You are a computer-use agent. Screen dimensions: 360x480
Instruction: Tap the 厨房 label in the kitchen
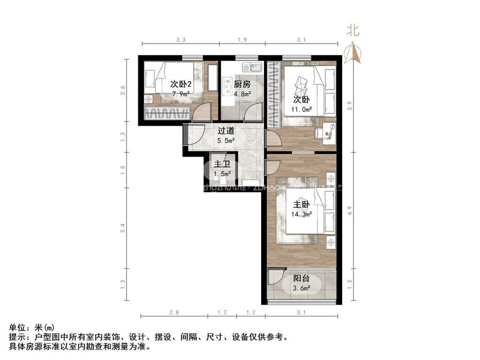242,84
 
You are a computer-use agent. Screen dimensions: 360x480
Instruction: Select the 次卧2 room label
180,84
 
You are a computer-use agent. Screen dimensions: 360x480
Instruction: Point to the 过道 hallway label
226,131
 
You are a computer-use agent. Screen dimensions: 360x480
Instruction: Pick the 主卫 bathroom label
221,165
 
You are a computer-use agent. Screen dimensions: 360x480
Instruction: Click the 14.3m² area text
302,214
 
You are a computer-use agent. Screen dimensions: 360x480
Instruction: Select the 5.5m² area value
226,140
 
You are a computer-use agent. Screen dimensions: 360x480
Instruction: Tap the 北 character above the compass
352,31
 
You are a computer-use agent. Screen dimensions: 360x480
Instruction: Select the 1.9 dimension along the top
242,40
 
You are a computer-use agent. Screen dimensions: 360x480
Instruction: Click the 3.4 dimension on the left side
123,228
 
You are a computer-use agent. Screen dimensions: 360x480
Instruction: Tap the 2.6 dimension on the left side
123,90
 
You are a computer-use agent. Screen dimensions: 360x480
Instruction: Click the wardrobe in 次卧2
167,113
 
